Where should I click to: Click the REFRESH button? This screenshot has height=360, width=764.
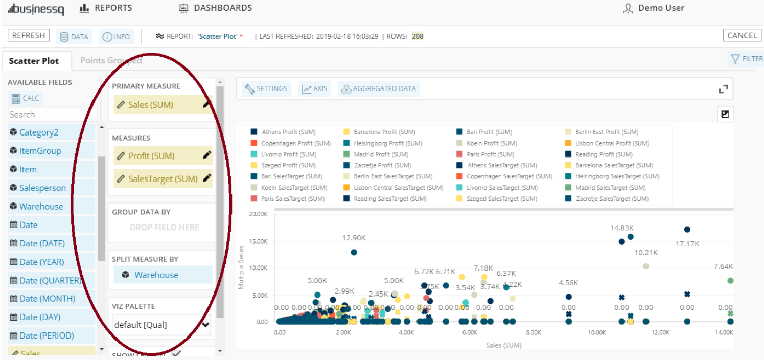[x=29, y=36]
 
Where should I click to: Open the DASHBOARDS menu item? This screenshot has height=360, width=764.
[x=215, y=8]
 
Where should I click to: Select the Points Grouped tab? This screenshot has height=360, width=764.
[x=111, y=60]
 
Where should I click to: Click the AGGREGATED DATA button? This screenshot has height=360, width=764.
[x=379, y=88]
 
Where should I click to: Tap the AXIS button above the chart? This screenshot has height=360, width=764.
[x=314, y=88]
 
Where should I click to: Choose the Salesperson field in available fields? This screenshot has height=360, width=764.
[x=42, y=188]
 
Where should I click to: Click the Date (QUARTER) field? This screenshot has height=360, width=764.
[x=50, y=280]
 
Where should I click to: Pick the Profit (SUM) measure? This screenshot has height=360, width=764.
[x=151, y=156]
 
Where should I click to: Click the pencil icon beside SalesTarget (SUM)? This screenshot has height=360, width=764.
[x=206, y=178]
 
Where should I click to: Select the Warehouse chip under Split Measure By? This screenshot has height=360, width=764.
[x=156, y=275]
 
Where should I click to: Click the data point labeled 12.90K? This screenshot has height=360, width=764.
[x=354, y=252]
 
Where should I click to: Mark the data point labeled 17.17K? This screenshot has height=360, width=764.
[x=687, y=230]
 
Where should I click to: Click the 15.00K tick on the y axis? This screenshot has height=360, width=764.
[x=258, y=241]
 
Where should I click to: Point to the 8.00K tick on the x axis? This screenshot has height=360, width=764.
[x=533, y=332]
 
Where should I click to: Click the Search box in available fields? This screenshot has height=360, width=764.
[x=52, y=115]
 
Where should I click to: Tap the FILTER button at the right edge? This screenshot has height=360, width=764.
[x=747, y=59]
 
